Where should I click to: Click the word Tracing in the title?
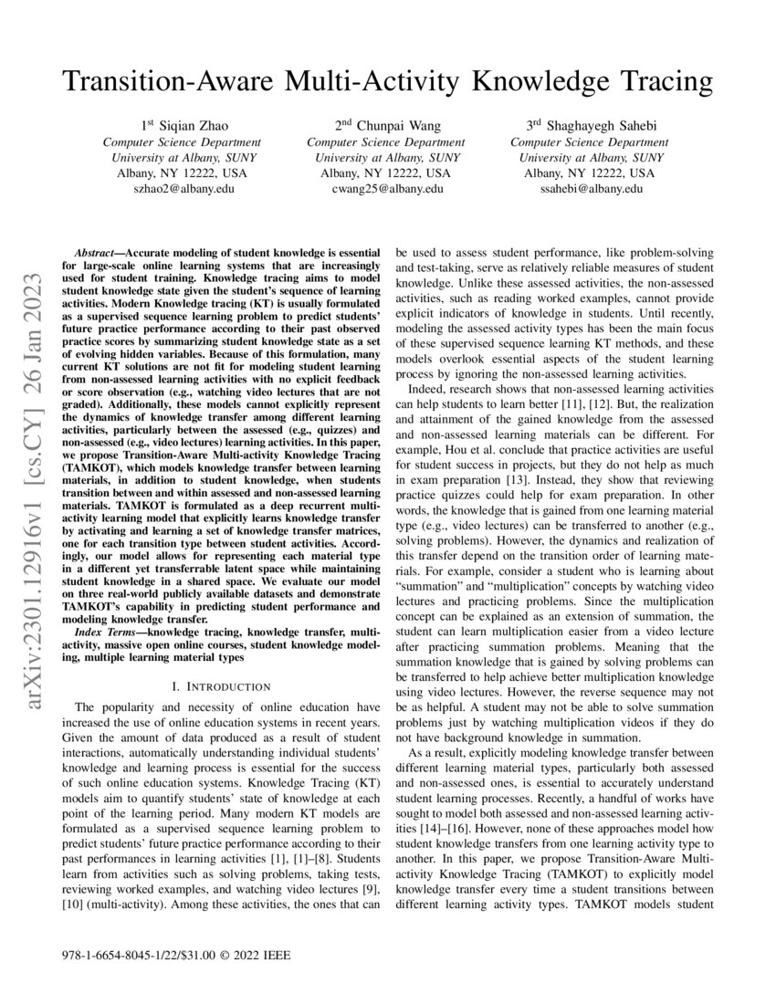(x=656, y=82)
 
